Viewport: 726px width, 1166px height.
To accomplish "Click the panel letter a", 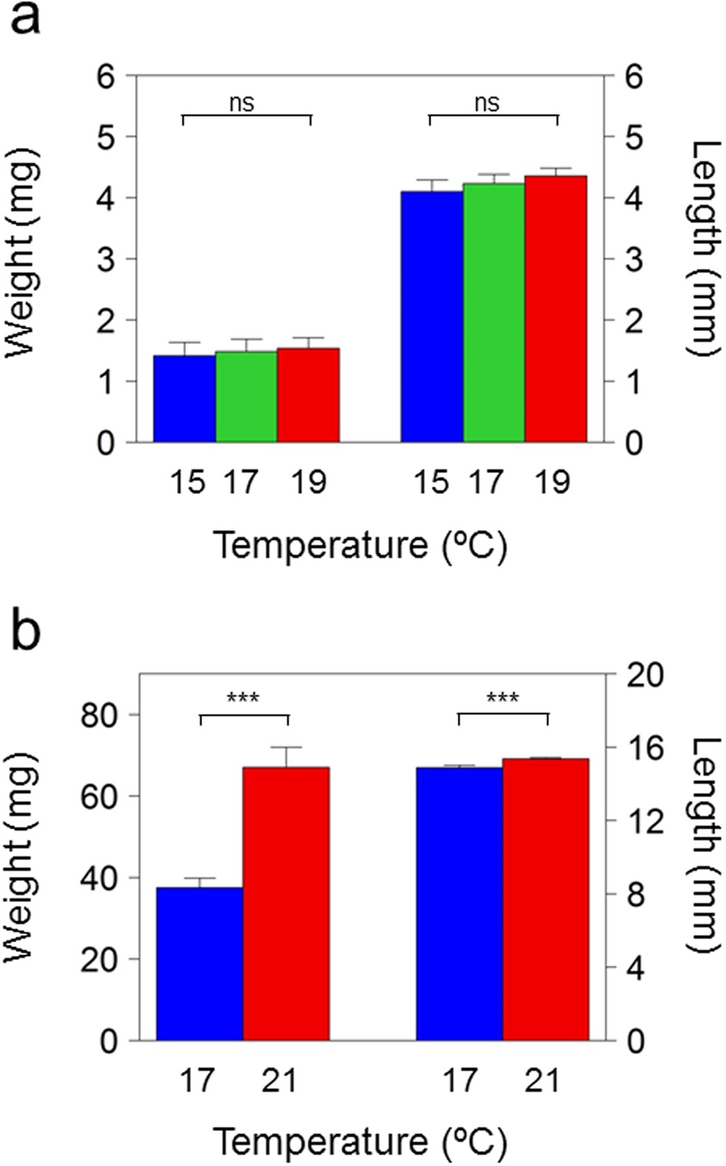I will (x=26, y=19).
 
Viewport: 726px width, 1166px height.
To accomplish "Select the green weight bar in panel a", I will (x=246, y=397).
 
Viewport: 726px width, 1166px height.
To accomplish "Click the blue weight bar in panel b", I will (x=200, y=963).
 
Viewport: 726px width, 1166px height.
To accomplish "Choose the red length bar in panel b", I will (x=546, y=899).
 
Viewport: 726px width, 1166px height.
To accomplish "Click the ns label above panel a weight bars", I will (x=242, y=103).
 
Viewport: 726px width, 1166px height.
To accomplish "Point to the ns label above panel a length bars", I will (x=487, y=103).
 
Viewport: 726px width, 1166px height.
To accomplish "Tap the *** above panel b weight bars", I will (x=243, y=698).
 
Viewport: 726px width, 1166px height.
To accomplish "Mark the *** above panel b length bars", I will (x=503, y=698).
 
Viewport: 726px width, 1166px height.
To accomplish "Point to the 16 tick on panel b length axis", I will (x=644, y=748).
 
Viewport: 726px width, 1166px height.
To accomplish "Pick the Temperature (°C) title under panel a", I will (x=360, y=545).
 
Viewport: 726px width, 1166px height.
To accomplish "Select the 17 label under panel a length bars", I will (x=487, y=482).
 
